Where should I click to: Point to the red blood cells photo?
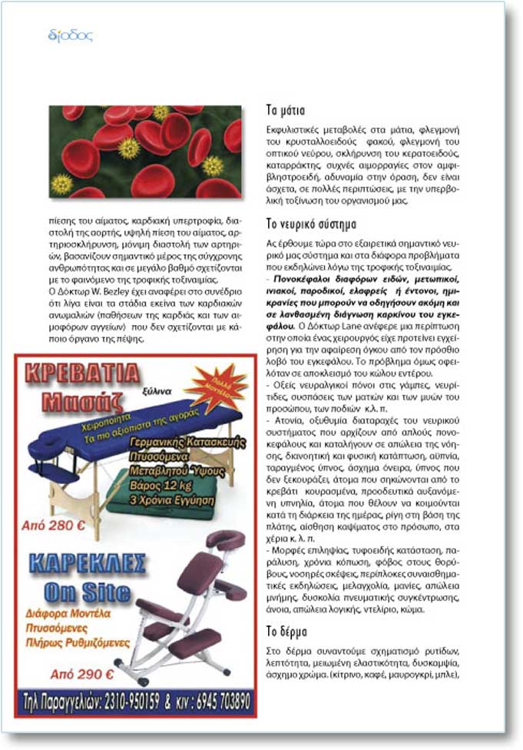coord(145,151)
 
